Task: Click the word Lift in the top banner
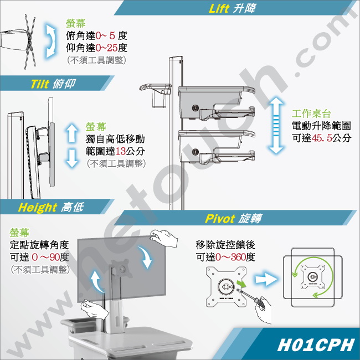pos(219,8)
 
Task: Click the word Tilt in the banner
pos(40,84)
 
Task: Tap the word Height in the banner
pos(37,207)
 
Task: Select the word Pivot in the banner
pos(220,218)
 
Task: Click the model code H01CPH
pos(316,345)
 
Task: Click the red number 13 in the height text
pos(120,151)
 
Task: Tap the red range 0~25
pos(106,48)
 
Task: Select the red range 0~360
pos(230,257)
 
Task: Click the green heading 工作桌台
pos(311,114)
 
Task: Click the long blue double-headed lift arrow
pos(276,125)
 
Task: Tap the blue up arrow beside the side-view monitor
pos(72,133)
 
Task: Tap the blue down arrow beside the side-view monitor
pos(72,158)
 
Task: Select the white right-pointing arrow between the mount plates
pos(266,280)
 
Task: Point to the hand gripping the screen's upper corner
pos(164,238)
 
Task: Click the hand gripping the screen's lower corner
pos(94,308)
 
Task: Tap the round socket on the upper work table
pos(196,108)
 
